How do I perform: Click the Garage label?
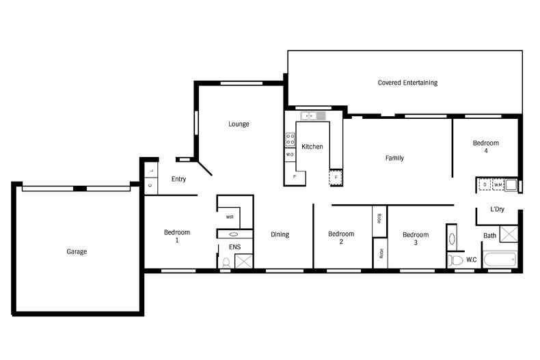[77, 251]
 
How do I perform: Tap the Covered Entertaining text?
[407, 83]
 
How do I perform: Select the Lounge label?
[239, 124]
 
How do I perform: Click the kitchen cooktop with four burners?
[290, 139]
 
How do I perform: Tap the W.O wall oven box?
[290, 155]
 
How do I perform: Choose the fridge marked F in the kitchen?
[335, 178]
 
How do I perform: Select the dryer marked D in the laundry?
[484, 184]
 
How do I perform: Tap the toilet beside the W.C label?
[456, 260]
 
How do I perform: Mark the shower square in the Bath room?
[509, 234]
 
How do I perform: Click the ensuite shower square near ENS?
[244, 261]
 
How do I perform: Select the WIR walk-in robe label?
[230, 217]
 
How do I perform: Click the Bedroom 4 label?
[486, 147]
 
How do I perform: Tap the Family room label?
[394, 158]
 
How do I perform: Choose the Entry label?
[178, 180]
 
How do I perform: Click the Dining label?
[280, 234]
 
